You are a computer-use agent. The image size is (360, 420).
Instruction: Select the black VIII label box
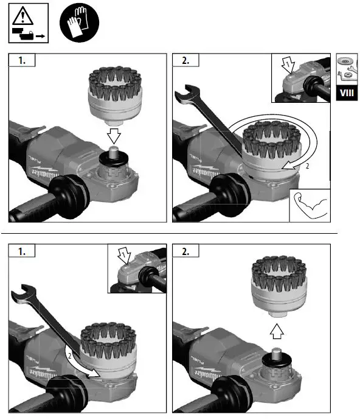click(347, 94)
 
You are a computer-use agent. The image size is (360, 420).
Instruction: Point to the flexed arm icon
click(310, 205)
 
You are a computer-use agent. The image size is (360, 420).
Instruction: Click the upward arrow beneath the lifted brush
click(276, 330)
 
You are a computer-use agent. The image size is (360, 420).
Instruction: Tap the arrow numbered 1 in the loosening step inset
click(125, 254)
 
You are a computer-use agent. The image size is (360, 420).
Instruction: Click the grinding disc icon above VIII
click(347, 64)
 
